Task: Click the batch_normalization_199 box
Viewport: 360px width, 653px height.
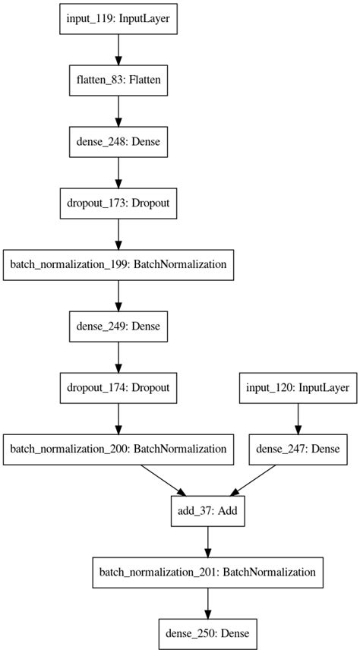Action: coord(118,266)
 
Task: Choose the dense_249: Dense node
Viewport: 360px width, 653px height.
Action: coord(118,326)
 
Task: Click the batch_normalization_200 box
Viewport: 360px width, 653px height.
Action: coord(118,448)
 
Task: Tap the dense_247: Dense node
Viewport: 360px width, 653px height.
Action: coord(298,448)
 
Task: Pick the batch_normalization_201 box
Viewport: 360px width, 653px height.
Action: coord(207,569)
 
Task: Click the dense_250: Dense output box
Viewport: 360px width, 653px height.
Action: coord(207,630)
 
